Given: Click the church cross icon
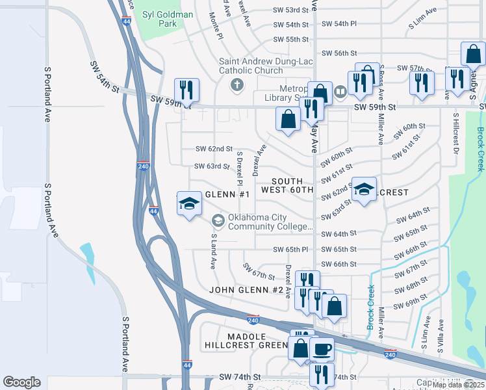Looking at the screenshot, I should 237,84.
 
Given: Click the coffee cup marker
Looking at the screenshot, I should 322,350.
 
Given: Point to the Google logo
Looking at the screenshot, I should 22,382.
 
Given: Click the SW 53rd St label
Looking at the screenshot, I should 290,10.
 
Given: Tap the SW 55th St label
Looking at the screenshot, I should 290,40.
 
